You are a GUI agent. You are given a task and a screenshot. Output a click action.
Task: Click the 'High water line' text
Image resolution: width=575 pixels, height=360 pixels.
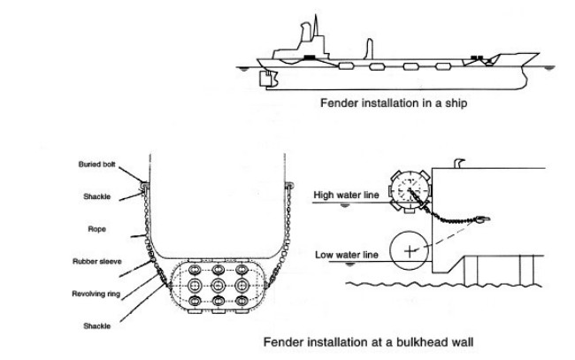[347, 194]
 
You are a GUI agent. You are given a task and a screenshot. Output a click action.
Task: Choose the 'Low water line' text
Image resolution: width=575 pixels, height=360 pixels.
[347, 255]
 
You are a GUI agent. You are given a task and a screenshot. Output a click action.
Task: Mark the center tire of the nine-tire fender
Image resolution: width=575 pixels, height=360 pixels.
[218, 286]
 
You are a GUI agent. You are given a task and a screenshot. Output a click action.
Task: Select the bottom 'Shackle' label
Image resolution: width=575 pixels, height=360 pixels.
[96, 325]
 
